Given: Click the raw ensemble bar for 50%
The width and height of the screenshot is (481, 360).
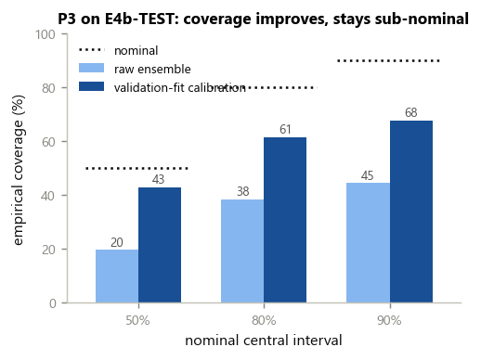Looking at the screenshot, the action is (117, 276).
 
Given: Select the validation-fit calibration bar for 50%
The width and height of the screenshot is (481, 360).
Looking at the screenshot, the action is (160, 245).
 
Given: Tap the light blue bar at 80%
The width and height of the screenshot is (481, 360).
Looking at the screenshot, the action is (242, 251).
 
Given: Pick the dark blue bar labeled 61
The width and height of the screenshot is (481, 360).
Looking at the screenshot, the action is (285, 220).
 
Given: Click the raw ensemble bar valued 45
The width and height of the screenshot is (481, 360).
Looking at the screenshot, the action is (368, 243).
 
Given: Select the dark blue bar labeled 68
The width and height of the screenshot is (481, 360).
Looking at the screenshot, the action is (411, 212).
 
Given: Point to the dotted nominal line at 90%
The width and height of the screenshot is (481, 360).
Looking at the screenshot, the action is (389, 60).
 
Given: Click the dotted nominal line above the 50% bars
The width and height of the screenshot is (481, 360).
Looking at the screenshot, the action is (136, 168).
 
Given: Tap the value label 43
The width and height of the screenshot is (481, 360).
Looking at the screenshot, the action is (158, 179).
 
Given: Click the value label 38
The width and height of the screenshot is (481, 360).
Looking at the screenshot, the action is (243, 191).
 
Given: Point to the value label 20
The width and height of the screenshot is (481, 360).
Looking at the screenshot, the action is (117, 242).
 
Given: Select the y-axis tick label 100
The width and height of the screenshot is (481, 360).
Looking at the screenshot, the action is (45, 34).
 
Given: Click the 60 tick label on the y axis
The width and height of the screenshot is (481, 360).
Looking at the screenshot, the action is (49, 142).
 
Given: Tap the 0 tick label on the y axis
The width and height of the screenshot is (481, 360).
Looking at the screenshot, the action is (53, 303).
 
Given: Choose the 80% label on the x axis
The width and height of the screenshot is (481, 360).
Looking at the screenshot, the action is (264, 320).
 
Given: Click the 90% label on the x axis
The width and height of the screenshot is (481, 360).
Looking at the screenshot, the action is (389, 320).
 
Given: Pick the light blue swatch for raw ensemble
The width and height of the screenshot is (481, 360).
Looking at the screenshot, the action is (91, 68).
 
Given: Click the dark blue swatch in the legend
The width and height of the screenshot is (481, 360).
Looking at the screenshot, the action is (91, 86).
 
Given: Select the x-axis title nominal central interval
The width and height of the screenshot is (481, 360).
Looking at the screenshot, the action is (264, 341).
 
